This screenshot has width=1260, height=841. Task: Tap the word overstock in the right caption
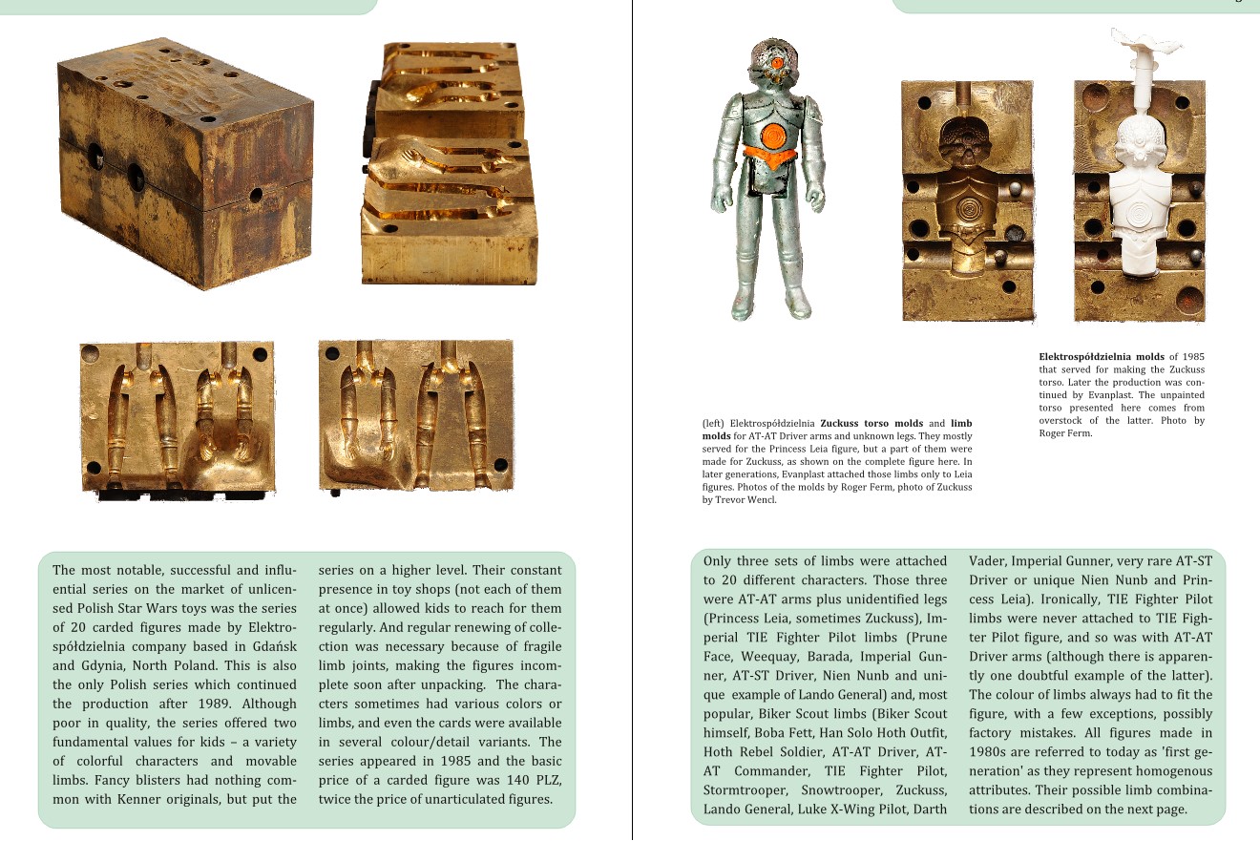point(1066,420)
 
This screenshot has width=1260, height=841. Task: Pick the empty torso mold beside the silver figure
point(966,200)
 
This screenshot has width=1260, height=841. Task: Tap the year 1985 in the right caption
point(1192,357)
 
